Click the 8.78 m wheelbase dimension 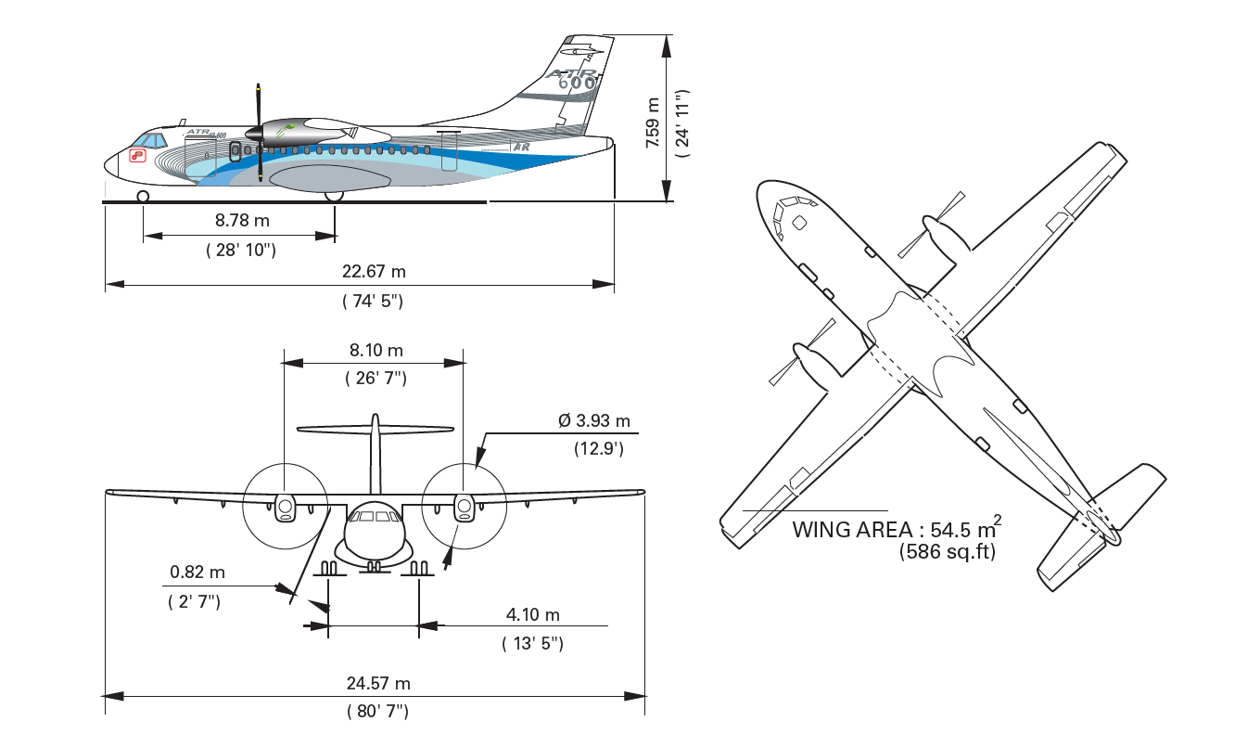[x=242, y=222]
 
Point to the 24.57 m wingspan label [x=378, y=683]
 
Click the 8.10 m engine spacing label [x=376, y=350]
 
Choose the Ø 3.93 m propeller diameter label [x=593, y=420]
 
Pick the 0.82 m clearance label [x=197, y=573]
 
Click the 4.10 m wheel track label [x=532, y=614]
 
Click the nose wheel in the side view [x=143, y=196]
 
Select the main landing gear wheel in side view [x=334, y=195]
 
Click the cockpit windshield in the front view [x=376, y=516]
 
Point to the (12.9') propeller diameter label [x=598, y=448]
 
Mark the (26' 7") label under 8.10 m [x=376, y=378]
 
